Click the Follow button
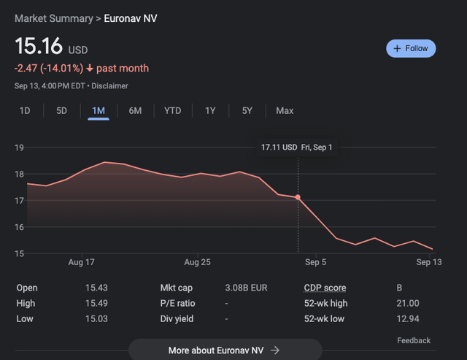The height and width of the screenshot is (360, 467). [411, 48]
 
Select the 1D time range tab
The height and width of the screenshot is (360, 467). [25, 111]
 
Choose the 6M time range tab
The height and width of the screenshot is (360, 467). [135, 111]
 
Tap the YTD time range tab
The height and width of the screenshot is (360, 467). [172, 111]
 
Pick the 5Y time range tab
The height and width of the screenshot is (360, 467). [247, 111]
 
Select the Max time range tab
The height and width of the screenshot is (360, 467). [285, 111]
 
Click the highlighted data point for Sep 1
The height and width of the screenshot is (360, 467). [298, 197]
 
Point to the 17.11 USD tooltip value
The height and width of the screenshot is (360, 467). [279, 148]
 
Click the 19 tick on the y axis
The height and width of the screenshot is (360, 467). [20, 148]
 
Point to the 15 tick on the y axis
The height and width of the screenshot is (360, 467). [20, 253]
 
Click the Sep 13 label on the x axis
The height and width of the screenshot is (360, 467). [428, 261]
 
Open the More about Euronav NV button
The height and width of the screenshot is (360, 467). [224, 350]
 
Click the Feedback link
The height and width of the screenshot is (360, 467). [414, 340]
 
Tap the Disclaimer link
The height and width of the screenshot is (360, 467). [109, 86]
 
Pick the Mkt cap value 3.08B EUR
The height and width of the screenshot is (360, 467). [247, 288]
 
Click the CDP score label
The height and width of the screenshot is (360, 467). [325, 288]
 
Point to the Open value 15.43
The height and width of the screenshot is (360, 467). [97, 288]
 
